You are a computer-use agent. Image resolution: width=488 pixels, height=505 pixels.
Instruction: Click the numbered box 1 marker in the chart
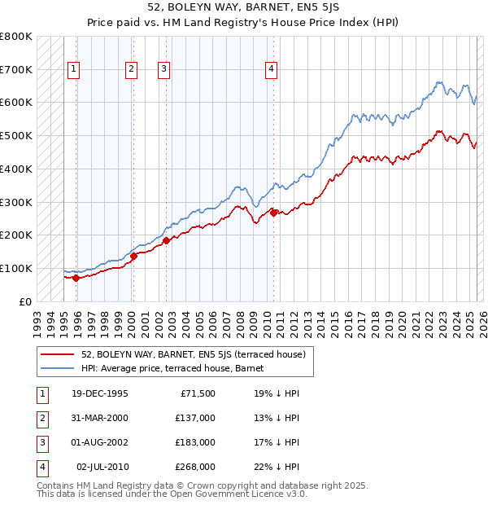(x=73, y=70)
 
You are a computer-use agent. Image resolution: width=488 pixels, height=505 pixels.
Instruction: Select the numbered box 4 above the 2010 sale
(x=270, y=70)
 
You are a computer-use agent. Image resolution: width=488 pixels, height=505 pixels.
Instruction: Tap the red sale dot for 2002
(x=166, y=240)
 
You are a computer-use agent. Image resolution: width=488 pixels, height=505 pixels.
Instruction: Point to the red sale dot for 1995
(x=76, y=278)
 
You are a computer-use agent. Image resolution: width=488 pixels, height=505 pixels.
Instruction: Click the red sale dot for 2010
(x=274, y=213)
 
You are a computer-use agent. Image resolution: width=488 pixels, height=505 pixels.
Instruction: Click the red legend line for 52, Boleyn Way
(x=58, y=354)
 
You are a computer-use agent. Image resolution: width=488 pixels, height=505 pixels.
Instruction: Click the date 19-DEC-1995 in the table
(x=100, y=393)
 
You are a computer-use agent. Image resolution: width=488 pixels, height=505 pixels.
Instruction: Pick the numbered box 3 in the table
(x=41, y=442)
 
